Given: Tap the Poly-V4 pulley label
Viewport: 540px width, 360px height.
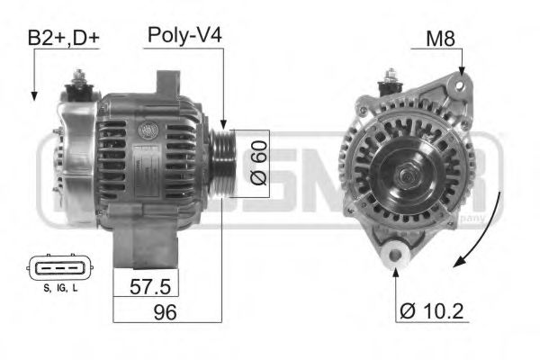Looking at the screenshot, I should [x=184, y=36].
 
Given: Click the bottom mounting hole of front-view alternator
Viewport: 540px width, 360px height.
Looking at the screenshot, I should [x=394, y=256].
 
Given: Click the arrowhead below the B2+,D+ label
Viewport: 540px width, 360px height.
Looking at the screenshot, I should [x=33, y=94].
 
